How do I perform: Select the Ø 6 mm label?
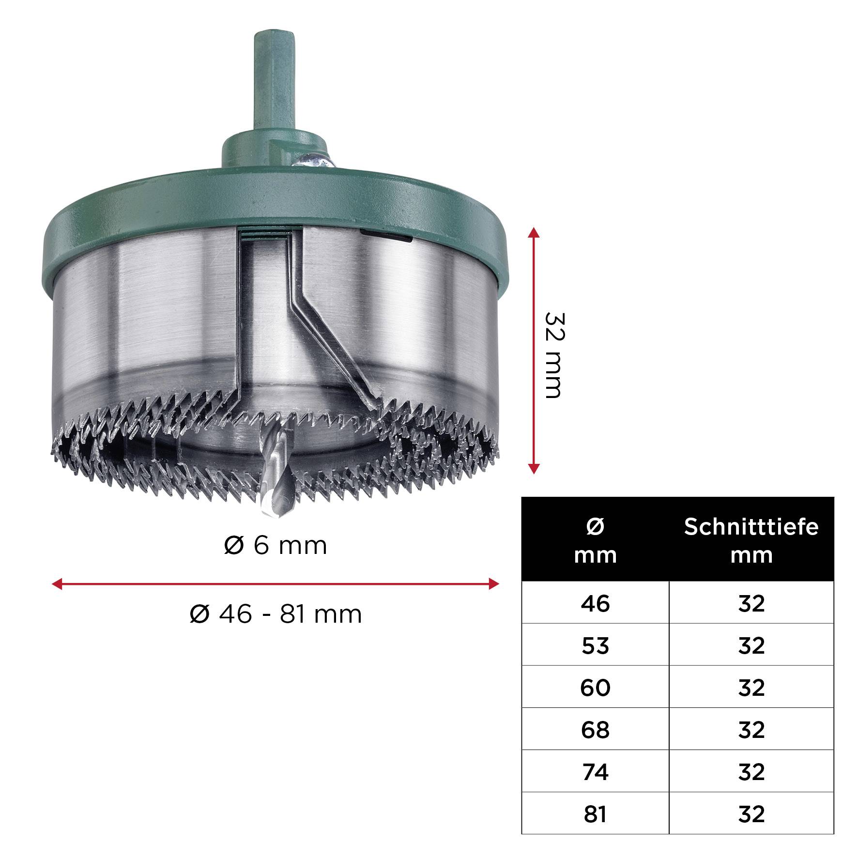pyautogui.click(x=276, y=546)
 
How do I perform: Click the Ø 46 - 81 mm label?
pyautogui.click(x=276, y=614)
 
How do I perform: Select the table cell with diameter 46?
pyautogui.click(x=595, y=603)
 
